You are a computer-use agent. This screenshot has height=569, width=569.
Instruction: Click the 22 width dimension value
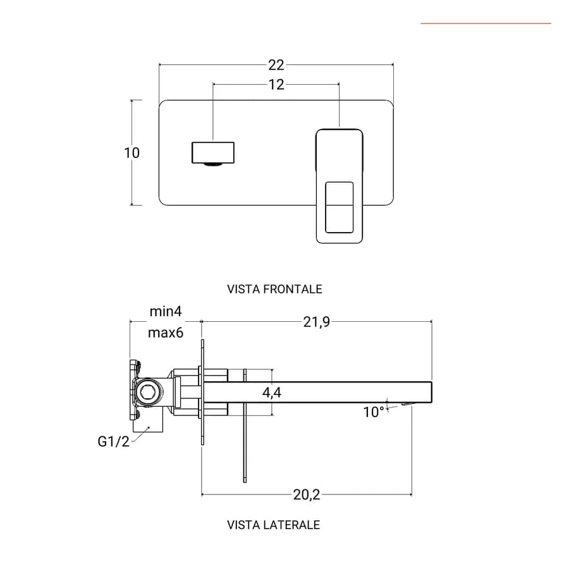coord(276,65)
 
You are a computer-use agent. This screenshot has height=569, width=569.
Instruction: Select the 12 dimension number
coord(276,85)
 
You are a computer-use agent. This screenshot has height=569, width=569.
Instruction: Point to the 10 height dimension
coord(132,153)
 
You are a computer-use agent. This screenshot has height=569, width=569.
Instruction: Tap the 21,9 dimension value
coord(317,322)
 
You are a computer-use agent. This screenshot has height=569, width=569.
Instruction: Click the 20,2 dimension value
coord(307,494)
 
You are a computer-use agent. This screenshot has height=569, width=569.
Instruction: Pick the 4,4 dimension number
coord(272,393)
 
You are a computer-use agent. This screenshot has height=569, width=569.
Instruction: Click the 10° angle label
coord(374,412)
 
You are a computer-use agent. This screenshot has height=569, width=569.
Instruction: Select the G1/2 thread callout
coord(114,442)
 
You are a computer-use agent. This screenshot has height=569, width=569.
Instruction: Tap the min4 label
coord(166,311)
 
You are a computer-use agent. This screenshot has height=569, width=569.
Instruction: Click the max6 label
coord(166,333)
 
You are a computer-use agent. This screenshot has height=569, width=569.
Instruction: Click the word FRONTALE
coord(293,289)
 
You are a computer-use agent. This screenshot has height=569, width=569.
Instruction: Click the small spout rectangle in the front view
coord(213,153)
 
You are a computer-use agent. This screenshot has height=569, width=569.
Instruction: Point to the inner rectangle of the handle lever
coord(340,207)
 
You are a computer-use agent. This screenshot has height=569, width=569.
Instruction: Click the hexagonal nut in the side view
coord(148,392)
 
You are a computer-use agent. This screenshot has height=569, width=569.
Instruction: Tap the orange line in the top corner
coord(486,23)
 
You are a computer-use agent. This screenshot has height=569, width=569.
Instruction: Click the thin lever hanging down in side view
coord(245,426)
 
